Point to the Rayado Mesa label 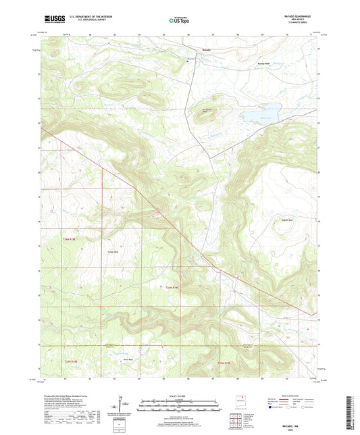point(269,220)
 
